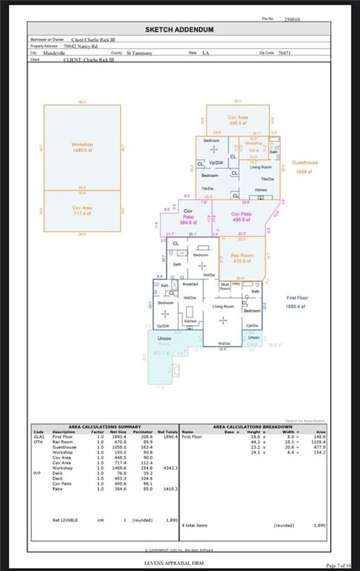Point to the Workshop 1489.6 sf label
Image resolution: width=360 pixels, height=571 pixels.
click(82, 147)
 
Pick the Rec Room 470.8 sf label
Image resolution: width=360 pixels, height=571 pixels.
click(242, 258)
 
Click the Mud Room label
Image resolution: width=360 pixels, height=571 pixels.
click(225, 286)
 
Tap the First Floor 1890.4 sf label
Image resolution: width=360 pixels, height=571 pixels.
click(300, 301)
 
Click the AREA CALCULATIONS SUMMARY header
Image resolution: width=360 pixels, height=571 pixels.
click(104, 427)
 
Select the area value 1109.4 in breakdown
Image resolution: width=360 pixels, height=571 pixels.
click(318, 442)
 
